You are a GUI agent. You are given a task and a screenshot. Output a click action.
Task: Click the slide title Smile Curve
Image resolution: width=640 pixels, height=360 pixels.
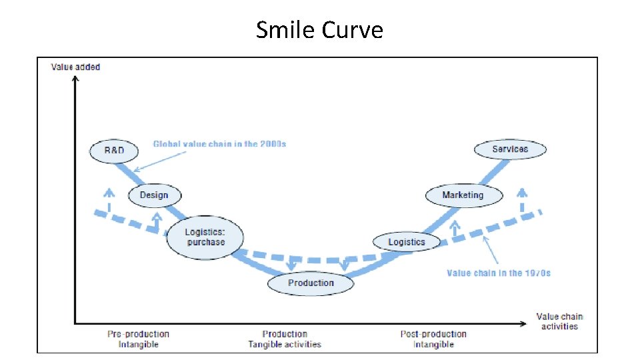pyautogui.click(x=319, y=29)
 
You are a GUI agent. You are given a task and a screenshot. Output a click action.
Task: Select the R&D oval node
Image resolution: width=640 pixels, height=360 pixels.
pyautogui.click(x=114, y=151)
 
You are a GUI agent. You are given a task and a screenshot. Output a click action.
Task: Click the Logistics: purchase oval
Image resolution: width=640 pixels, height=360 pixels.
pyautogui.click(x=205, y=237)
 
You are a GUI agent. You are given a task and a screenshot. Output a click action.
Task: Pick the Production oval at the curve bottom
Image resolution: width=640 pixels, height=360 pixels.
pyautogui.click(x=311, y=283)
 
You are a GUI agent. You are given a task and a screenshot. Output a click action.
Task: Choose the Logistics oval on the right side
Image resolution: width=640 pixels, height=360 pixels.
pyautogui.click(x=407, y=242)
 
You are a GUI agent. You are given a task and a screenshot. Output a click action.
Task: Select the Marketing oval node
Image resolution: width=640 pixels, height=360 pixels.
pyautogui.click(x=463, y=195)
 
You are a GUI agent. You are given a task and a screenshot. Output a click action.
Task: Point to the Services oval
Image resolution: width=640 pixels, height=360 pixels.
pyautogui.click(x=510, y=149)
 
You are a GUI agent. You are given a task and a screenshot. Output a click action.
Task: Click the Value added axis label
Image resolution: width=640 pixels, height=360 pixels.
pyautogui.click(x=75, y=67)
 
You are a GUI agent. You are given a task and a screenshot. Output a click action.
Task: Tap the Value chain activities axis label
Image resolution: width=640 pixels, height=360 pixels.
pyautogui.click(x=559, y=321)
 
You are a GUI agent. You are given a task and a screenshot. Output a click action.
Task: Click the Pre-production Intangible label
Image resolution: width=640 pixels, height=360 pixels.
pyautogui.click(x=138, y=339)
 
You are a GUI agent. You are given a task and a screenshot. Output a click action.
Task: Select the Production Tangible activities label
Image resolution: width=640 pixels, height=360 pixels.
pyautogui.click(x=285, y=339)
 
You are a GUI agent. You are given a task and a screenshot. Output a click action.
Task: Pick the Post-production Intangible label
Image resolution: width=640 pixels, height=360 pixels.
pyautogui.click(x=433, y=339)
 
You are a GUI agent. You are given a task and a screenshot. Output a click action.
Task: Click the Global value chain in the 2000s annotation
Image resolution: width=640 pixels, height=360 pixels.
pyautogui.click(x=219, y=144)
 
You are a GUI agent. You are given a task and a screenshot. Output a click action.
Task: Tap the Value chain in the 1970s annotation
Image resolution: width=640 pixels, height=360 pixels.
pyautogui.click(x=499, y=273)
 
